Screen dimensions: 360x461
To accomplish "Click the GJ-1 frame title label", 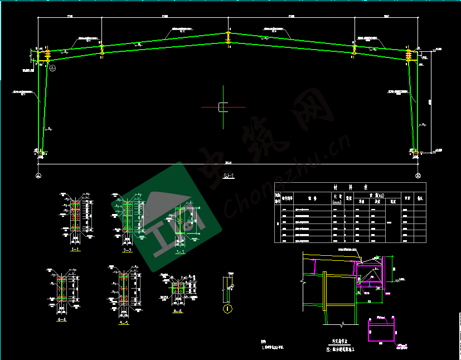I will click(x=229, y=177).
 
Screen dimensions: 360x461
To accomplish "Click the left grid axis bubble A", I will click(x=38, y=176).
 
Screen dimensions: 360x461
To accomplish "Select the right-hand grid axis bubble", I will click(x=419, y=176).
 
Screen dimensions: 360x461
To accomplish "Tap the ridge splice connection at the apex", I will click(x=228, y=38).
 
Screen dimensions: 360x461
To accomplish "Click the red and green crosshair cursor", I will click(x=222, y=107).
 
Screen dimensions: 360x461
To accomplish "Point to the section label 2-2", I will click(x=127, y=250).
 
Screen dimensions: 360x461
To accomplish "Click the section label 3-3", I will click(x=179, y=250).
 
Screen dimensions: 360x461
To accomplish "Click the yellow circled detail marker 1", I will click(x=227, y=308).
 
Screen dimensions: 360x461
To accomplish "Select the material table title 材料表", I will click(x=350, y=187).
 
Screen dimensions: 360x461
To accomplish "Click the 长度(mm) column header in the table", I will click(x=337, y=199).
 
